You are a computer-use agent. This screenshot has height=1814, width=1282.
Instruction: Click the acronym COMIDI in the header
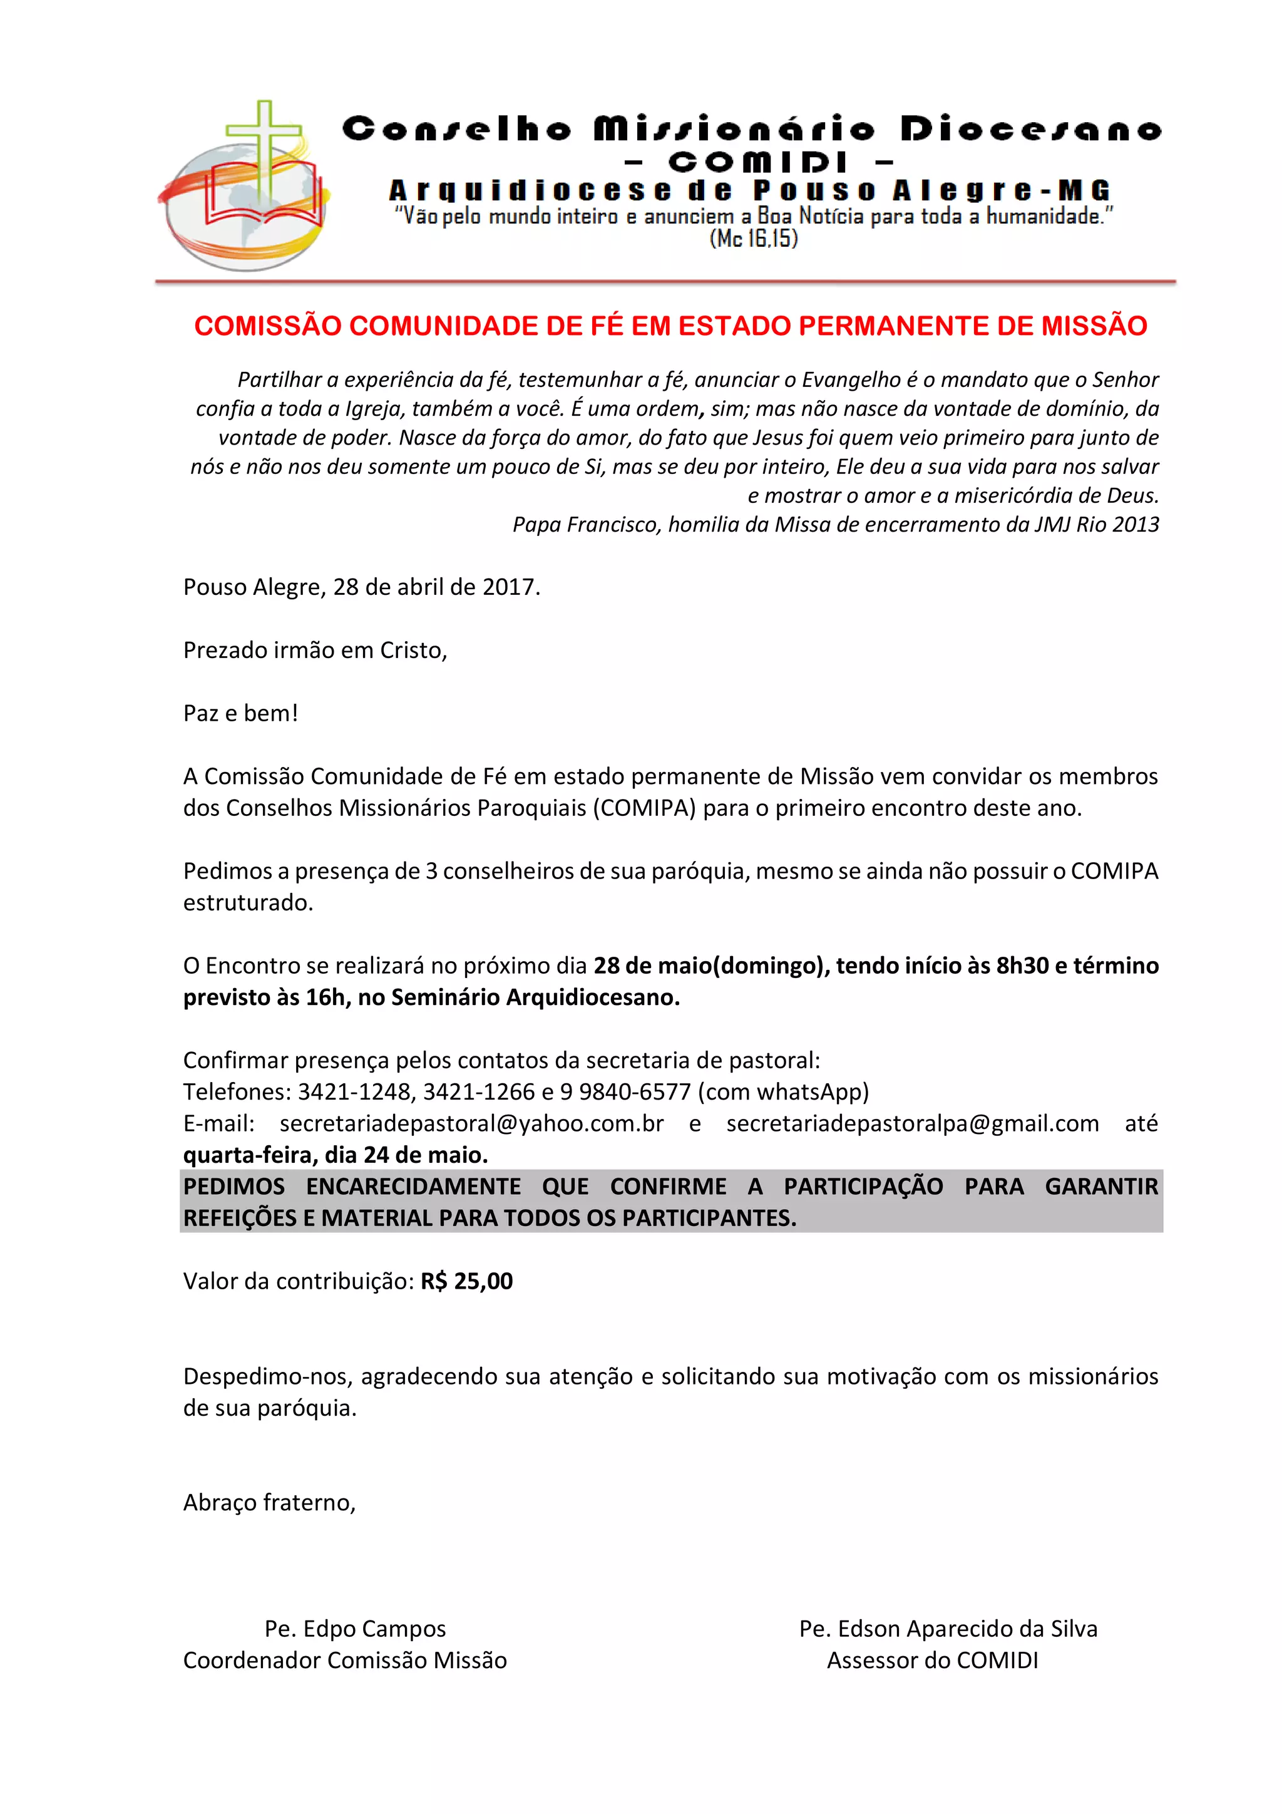coord(757,162)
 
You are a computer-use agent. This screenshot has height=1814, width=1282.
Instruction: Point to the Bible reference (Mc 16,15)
coord(754,239)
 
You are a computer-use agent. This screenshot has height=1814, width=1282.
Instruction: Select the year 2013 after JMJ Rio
coord(1135,525)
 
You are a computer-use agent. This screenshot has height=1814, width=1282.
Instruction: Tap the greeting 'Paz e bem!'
coord(241,713)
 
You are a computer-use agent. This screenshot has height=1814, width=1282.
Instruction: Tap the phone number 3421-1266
coord(479,1092)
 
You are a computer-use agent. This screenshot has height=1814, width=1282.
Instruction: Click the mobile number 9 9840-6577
coord(625,1092)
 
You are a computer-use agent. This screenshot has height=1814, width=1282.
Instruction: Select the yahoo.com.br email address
coord(471,1123)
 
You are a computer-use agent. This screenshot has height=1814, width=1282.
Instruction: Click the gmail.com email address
coord(912,1123)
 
